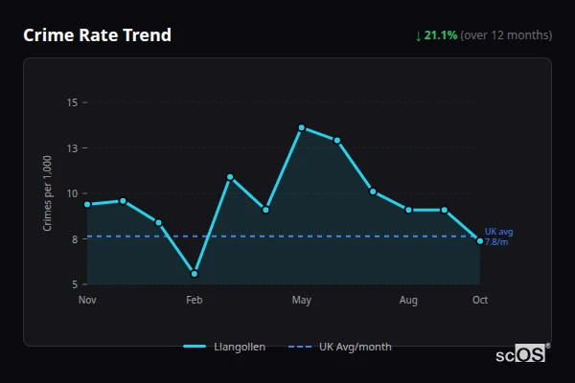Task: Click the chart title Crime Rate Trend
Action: pyautogui.click(x=97, y=35)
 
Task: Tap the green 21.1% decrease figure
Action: pyautogui.click(x=441, y=35)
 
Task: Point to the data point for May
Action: pyautogui.click(x=301, y=127)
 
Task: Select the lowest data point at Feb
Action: pyautogui.click(x=195, y=274)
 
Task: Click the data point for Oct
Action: pyautogui.click(x=480, y=240)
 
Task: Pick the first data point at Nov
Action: pyautogui.click(x=87, y=204)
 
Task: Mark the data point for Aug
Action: pyautogui.click(x=408, y=210)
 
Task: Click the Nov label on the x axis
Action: pyautogui.click(x=87, y=301)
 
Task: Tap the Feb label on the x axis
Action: pyautogui.click(x=195, y=301)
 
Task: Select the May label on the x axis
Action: pyautogui.click(x=301, y=301)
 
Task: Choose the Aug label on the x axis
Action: pyautogui.click(x=408, y=301)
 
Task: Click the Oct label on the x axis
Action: pyautogui.click(x=480, y=301)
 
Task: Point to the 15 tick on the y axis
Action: pyautogui.click(x=73, y=102)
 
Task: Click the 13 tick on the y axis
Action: pyautogui.click(x=73, y=148)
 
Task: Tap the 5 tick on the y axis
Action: pyautogui.click(x=75, y=284)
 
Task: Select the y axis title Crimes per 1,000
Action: pyautogui.click(x=48, y=193)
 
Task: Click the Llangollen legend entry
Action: pyautogui.click(x=224, y=347)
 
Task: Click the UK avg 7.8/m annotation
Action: pyautogui.click(x=499, y=237)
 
